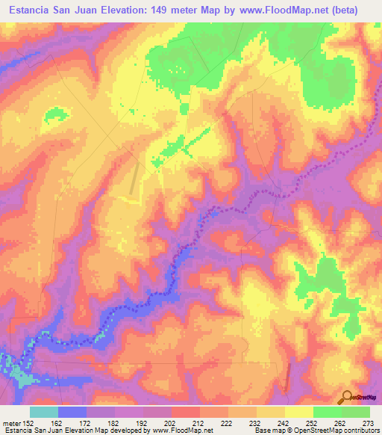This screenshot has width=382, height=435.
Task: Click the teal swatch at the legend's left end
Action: tap(44, 412)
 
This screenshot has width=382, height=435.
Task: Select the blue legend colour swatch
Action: tap(72, 412)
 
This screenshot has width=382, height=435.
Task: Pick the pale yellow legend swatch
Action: tap(298, 412)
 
